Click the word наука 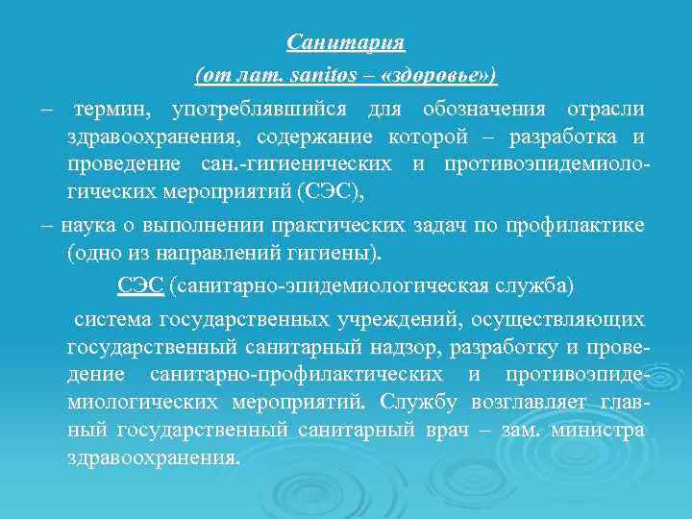86,225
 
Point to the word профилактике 582,225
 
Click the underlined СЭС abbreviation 140,285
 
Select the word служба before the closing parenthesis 536,285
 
